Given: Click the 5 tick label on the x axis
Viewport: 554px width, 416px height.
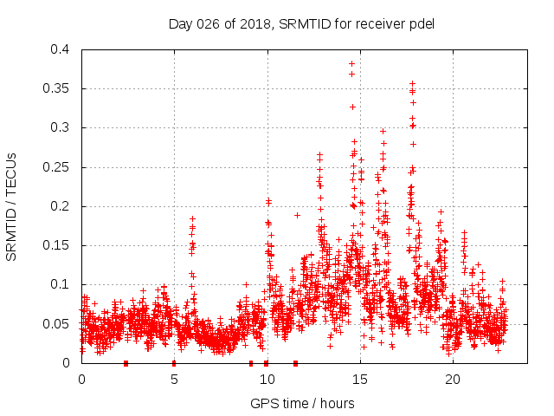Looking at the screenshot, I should pyautogui.click(x=174, y=379).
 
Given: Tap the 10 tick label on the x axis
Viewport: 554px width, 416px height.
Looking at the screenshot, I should pyautogui.click(x=267, y=379).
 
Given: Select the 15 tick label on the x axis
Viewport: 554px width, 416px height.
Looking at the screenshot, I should pyautogui.click(x=359, y=379).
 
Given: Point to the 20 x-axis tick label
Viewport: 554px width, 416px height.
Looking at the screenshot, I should pyautogui.click(x=452, y=379).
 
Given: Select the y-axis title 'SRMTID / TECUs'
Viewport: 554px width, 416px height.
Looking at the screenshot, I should pyautogui.click(x=12, y=206).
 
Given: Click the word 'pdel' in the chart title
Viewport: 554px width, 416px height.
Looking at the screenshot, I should pyautogui.click(x=421, y=23).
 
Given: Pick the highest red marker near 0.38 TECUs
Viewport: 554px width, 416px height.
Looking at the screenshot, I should pyautogui.click(x=351, y=63).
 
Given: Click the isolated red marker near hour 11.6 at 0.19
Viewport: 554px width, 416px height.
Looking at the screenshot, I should pyautogui.click(x=297, y=215).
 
